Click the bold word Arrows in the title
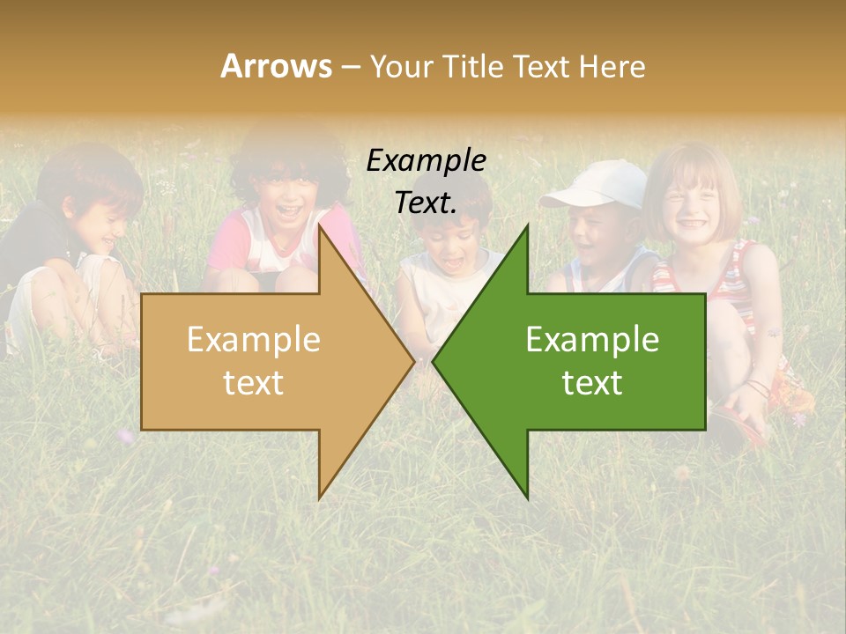click(x=276, y=66)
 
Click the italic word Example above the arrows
click(x=427, y=161)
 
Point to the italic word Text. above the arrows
click(x=427, y=203)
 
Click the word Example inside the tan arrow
click(x=254, y=340)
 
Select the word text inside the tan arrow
click(x=254, y=382)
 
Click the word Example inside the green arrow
click(x=592, y=340)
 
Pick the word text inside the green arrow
click(x=592, y=382)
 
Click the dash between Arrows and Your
click(x=350, y=66)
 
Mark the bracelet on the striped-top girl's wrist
click(x=756, y=387)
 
